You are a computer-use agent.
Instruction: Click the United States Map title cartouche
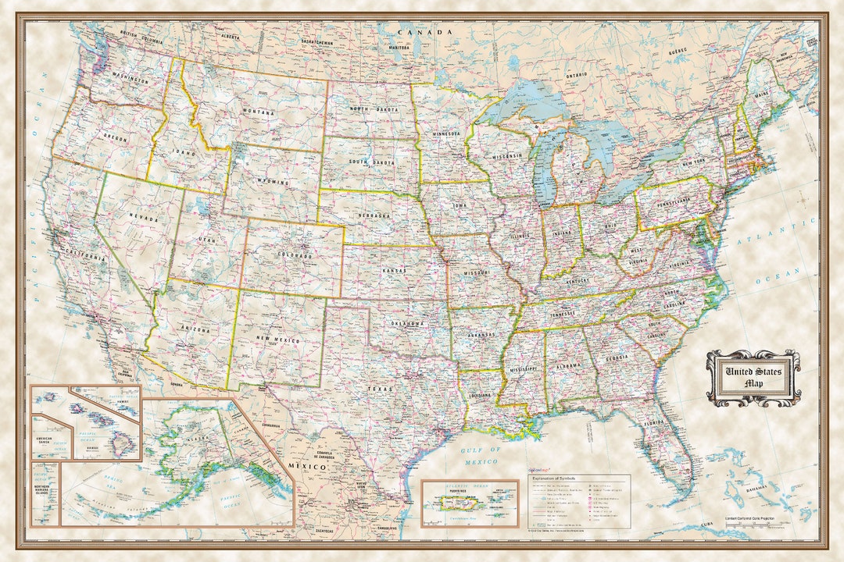(753, 378)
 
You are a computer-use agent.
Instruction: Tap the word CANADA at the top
(425, 32)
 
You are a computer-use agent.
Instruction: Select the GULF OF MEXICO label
(479, 456)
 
